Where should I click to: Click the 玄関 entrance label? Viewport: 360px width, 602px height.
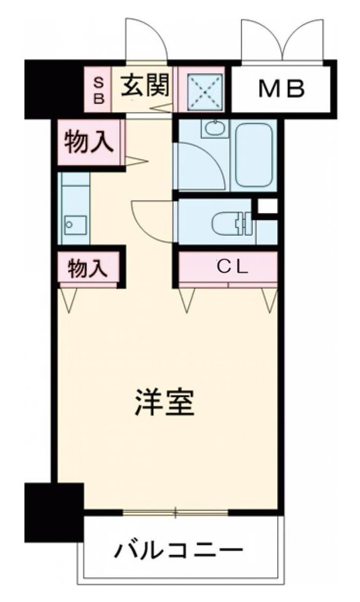144,87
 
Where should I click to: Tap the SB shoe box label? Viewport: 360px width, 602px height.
99,89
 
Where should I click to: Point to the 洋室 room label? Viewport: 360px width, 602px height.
164,403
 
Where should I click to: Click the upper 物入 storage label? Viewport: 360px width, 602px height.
89,142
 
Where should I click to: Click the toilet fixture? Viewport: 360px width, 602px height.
230,222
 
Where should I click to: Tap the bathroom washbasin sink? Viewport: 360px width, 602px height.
213,128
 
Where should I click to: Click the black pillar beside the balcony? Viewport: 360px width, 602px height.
54,510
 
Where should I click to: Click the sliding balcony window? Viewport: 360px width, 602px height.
175,512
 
